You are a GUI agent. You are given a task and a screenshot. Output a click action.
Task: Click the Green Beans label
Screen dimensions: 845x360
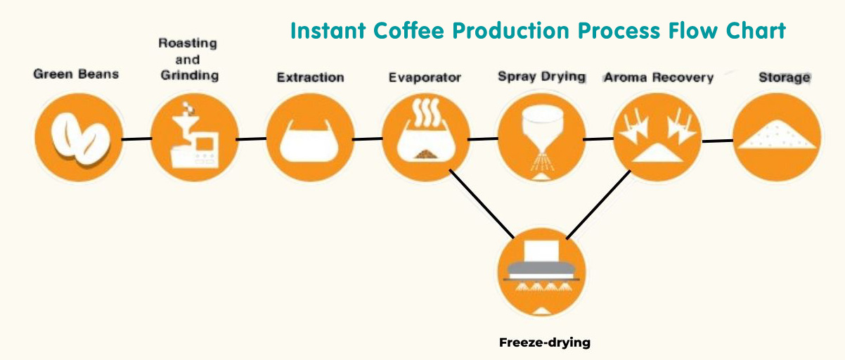76,74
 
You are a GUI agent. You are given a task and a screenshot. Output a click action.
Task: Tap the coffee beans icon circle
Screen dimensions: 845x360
79,137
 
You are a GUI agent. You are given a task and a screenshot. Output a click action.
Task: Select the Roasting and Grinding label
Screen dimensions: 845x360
188,59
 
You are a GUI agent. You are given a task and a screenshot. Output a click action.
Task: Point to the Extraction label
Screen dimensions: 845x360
311,77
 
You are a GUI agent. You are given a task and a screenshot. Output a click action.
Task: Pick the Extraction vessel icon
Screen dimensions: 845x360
310,141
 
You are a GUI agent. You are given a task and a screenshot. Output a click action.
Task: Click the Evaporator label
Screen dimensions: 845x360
425,77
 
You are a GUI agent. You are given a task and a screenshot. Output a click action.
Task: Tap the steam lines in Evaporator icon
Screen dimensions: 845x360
426,112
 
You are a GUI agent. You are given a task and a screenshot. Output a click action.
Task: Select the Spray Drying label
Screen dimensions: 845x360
542,77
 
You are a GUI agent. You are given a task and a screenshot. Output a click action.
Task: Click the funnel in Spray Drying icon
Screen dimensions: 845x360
542,128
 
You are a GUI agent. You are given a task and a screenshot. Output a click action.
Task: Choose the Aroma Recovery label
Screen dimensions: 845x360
659,77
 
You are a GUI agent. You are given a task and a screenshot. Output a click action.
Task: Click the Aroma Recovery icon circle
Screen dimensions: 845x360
657,137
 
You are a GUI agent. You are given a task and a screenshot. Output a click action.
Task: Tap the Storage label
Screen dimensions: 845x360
785,77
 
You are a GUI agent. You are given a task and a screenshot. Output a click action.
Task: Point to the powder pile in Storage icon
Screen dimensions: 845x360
776,135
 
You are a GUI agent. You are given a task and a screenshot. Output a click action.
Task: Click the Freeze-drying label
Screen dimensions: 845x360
545,342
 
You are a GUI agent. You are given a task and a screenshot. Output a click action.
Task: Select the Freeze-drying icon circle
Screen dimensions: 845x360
542,272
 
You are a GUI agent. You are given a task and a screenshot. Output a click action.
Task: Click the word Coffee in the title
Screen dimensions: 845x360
408,30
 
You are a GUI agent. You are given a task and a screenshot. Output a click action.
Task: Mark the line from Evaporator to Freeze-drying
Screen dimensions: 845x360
482,204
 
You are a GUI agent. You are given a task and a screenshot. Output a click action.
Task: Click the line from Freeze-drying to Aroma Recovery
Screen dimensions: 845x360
598,205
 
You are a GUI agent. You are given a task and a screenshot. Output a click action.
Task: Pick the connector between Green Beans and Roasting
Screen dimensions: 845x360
137,139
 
